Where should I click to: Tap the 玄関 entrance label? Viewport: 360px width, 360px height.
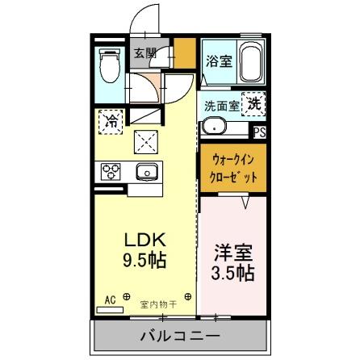tap(145, 54)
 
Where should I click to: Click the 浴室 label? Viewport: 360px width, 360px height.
tap(218, 60)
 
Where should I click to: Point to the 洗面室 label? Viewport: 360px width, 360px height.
tap(220, 105)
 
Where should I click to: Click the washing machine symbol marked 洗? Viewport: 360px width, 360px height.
tap(253, 104)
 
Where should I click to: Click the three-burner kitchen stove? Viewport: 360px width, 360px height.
tap(110, 170)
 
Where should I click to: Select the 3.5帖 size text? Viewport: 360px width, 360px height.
tap(232, 272)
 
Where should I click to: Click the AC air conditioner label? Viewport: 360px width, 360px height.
tap(110, 298)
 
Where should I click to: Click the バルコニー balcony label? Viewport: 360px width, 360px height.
tap(181, 335)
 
